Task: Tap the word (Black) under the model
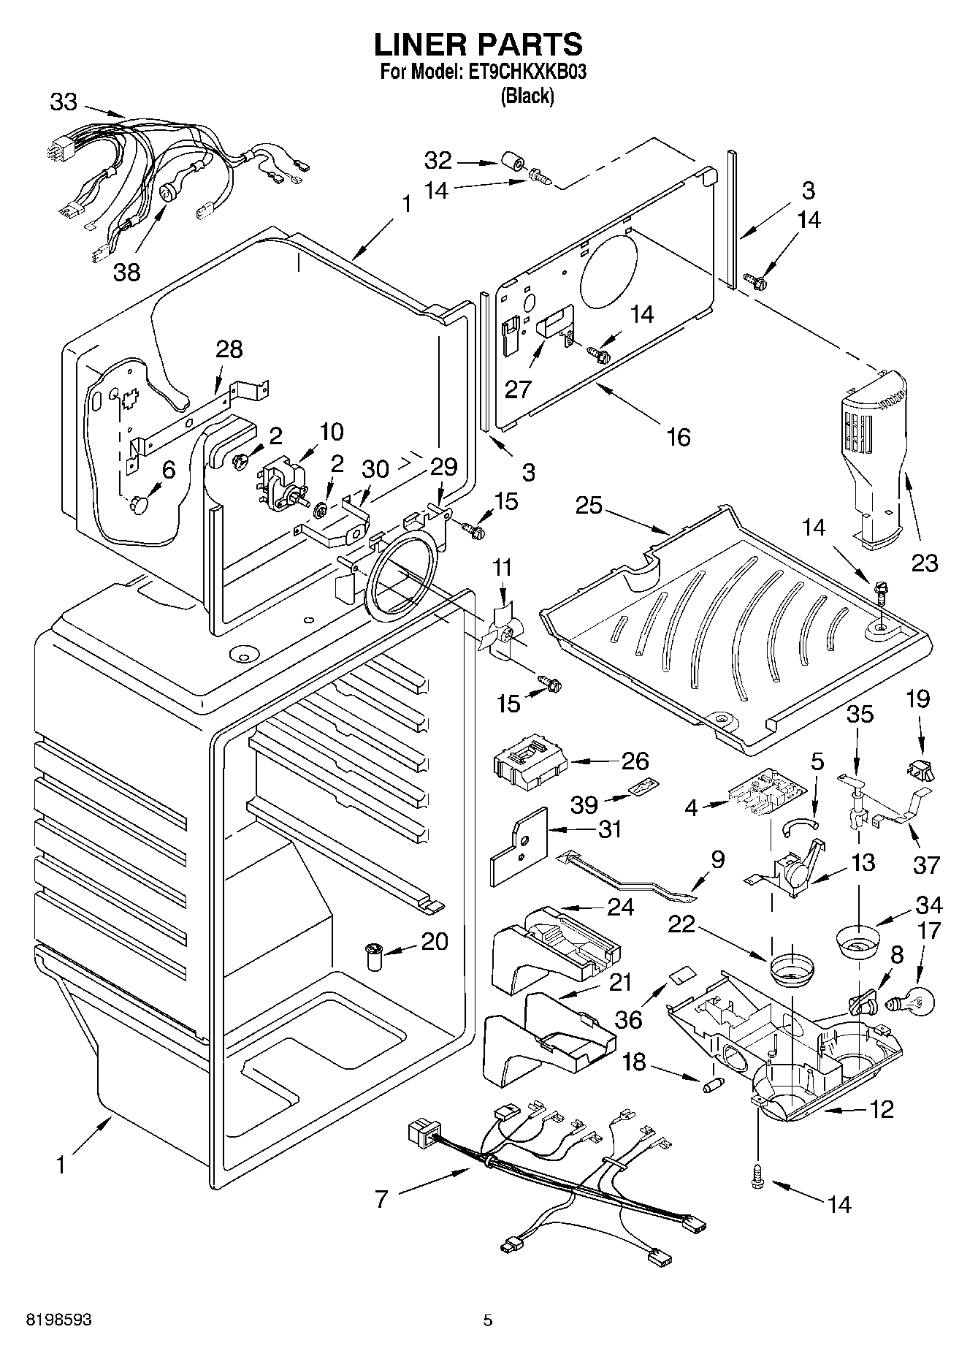coord(527,96)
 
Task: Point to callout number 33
coord(64,102)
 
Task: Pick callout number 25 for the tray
coord(589,506)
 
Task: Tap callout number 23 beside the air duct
coord(924,563)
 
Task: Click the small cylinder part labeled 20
coord(374,956)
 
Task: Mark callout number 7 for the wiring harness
coord(381,1199)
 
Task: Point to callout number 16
coord(679,437)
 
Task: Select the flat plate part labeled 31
coord(519,840)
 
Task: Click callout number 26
coord(635,761)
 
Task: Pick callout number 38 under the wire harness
coord(126,273)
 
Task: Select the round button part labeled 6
coord(140,504)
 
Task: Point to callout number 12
coord(882,1110)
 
